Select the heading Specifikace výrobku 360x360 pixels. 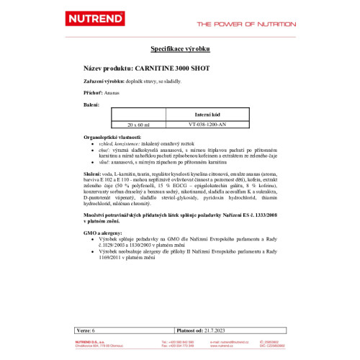(179, 50)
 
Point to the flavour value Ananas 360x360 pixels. (114, 93)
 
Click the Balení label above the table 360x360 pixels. (91, 105)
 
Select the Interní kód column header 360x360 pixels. (212, 114)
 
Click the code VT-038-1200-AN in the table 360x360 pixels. (212, 125)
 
